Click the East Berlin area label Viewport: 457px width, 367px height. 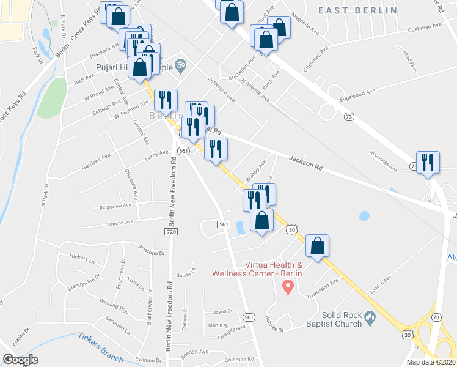357,10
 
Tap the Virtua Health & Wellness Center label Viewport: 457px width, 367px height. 257,270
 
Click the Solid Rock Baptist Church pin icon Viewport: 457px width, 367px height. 370,317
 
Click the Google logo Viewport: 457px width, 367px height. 20,360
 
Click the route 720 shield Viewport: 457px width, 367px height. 170,232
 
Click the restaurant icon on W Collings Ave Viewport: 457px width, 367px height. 427,162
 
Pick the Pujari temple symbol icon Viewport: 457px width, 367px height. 180,63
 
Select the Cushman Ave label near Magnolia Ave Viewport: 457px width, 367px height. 410,29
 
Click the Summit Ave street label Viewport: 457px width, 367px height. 120,223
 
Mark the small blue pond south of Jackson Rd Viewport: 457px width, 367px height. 365,215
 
